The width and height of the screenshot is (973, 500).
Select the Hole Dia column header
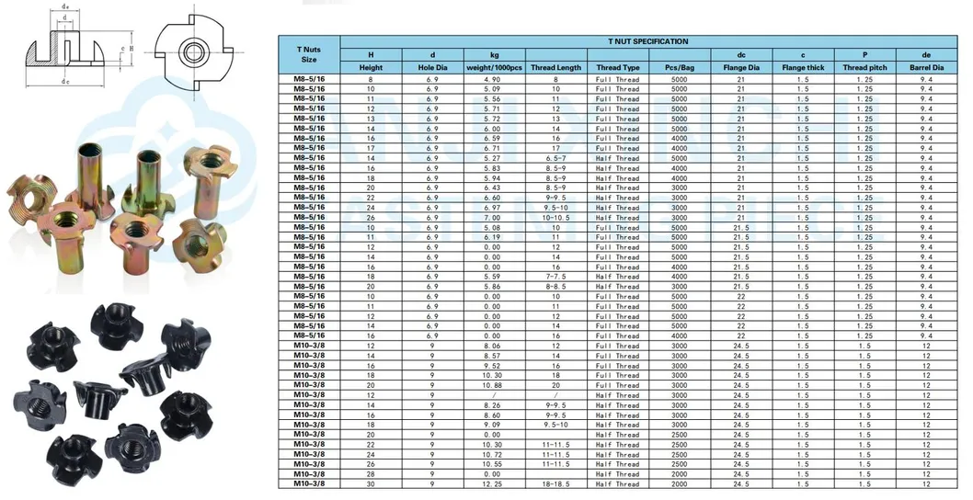point(432,68)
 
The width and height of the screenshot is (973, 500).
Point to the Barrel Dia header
point(926,68)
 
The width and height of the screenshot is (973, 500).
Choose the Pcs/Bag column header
point(679,68)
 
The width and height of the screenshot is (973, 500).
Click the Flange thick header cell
point(803,68)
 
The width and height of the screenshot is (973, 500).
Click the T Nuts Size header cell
point(308,53)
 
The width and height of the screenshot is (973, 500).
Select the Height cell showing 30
point(372,484)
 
